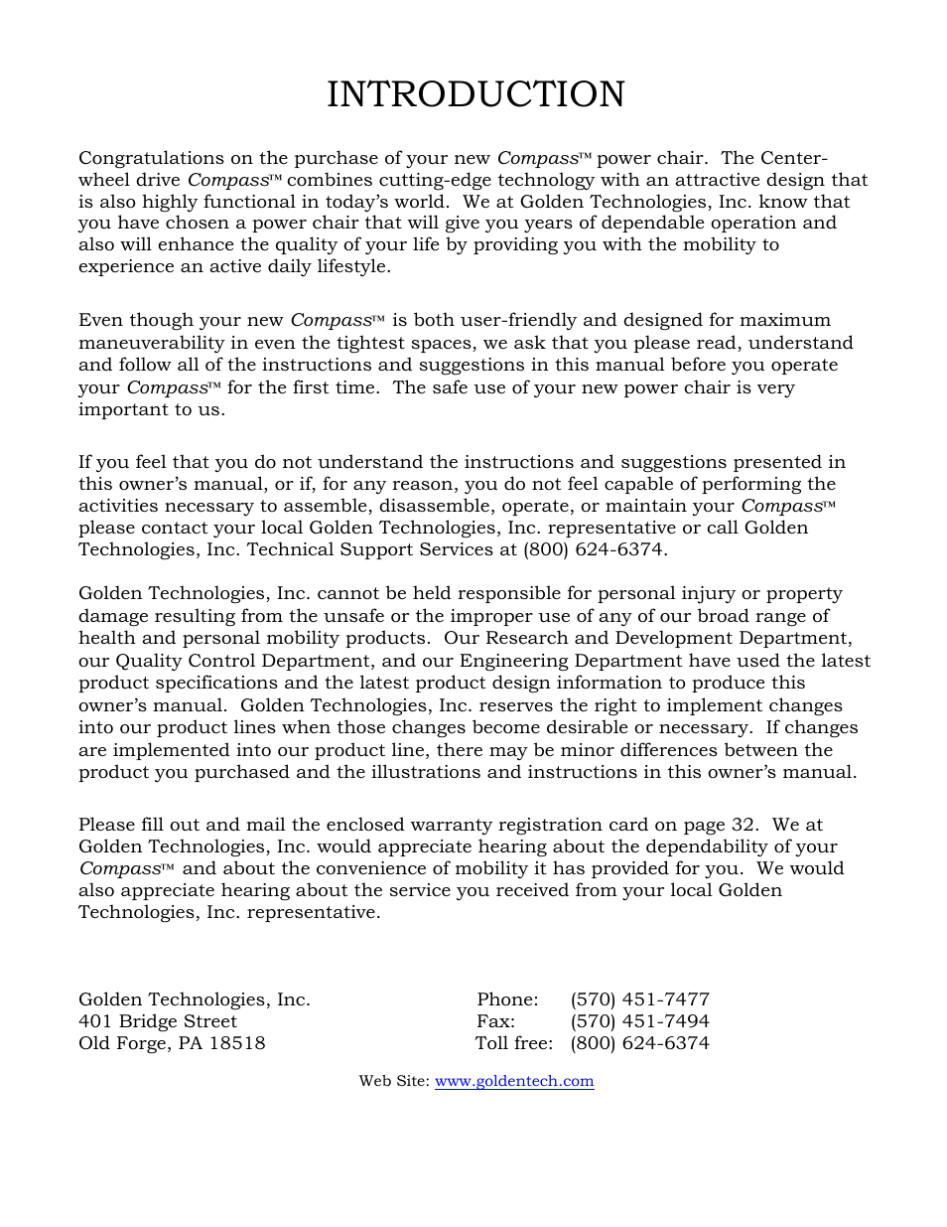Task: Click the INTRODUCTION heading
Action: (475, 94)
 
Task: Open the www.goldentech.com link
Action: (514, 1081)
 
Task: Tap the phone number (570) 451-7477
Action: (639, 999)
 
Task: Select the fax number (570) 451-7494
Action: (639, 1021)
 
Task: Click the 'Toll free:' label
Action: (513, 1043)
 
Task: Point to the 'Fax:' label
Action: (495, 1021)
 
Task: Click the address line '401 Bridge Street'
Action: (158, 1021)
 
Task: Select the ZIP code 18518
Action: (237, 1043)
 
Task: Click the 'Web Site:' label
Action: (394, 1081)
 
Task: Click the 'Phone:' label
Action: (507, 999)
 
